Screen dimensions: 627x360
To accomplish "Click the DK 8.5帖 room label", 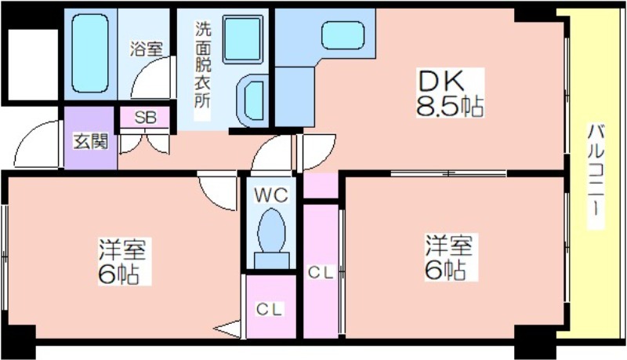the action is pos(450,93).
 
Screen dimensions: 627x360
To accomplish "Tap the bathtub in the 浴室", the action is pos(90,53).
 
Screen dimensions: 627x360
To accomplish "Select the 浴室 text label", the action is pos(147,49).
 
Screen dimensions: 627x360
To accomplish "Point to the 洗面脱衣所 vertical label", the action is pos(202,64).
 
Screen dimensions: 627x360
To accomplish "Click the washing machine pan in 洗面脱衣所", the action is pos(243,39).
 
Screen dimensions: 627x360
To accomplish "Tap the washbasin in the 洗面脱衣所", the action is pos(252,100).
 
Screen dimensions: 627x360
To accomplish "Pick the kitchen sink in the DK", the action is pos(343,35).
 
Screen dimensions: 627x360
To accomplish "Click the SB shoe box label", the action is pos(146,118).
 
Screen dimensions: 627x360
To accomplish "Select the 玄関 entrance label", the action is pos(91,141).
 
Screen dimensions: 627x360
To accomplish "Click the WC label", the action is pos(271,195).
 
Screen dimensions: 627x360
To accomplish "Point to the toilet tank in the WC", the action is pos(272,260).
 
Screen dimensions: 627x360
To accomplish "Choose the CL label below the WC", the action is pos(269,309).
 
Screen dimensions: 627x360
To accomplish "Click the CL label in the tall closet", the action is pos(321,273).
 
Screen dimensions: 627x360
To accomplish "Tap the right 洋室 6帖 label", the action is pos(449,258).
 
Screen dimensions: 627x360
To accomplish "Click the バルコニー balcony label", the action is pos(596,176).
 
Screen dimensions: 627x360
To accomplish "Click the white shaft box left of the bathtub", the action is pos(33,65).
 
